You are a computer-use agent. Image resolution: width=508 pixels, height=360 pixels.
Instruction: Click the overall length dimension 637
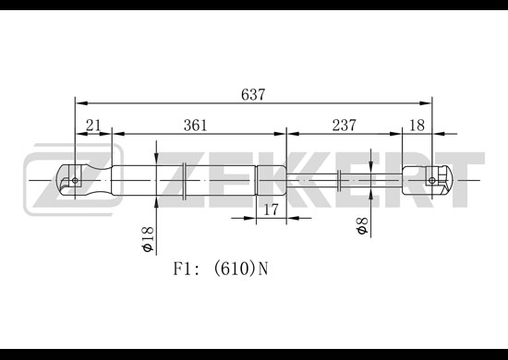click(253, 94)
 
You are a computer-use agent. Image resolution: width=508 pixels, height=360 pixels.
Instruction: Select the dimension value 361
click(195, 125)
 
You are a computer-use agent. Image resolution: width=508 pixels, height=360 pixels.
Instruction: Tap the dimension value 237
click(345, 125)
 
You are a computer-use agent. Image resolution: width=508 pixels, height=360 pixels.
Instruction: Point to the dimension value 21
click(93, 125)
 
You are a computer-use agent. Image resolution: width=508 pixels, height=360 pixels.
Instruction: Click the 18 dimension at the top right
click(417, 125)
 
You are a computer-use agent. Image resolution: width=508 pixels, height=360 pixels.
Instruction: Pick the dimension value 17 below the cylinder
click(271, 210)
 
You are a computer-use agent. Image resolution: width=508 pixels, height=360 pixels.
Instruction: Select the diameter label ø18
click(148, 239)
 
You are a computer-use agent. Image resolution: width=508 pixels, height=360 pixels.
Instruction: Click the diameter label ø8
click(362, 225)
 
